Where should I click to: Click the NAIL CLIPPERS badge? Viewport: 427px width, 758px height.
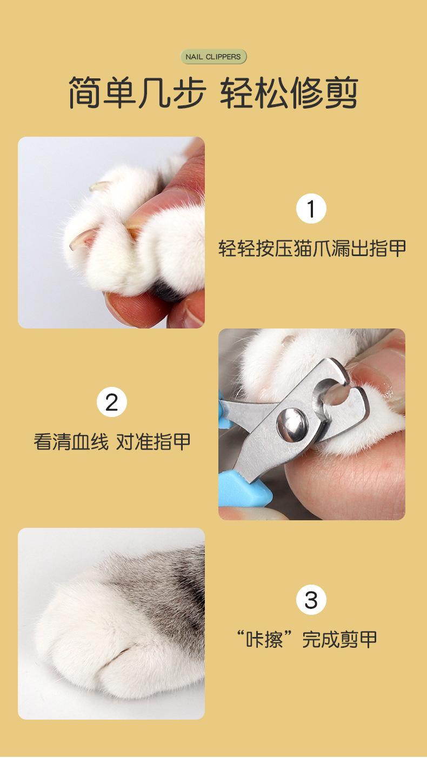[213, 57]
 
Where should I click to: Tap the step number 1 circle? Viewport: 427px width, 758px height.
[311, 209]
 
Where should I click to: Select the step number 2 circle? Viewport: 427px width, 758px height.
[112, 402]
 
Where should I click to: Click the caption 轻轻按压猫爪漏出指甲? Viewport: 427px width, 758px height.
[312, 249]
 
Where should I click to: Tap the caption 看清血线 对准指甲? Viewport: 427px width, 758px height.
[112, 441]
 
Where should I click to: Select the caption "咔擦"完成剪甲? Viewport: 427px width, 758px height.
[307, 640]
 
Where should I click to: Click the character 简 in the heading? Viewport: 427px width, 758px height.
[85, 92]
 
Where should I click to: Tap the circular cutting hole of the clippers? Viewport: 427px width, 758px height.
[333, 395]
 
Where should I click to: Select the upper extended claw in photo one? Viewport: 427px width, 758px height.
[100, 185]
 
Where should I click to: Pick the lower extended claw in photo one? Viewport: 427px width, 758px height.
[79, 239]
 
